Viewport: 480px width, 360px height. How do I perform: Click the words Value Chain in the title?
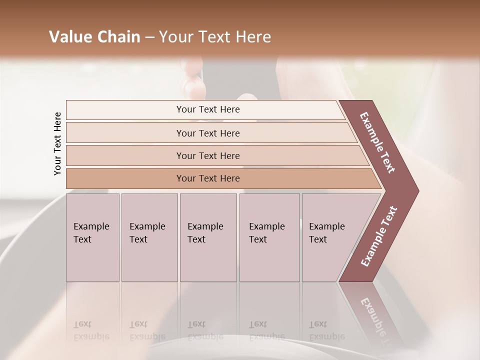[x=94, y=37]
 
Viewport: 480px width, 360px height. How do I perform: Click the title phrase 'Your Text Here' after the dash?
[x=214, y=37]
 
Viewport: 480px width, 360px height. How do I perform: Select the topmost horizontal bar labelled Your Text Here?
[x=207, y=109]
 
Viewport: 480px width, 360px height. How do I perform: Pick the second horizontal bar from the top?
[x=207, y=133]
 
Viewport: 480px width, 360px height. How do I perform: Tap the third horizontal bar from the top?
[x=207, y=155]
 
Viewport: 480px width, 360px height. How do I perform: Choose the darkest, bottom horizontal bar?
[x=207, y=178]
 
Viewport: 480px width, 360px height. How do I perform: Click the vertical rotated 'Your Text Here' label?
[x=57, y=143]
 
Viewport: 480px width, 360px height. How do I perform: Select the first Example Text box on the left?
[x=92, y=237]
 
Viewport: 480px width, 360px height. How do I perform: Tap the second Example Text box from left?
[x=149, y=237]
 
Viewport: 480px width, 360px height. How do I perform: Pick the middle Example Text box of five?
[x=208, y=237]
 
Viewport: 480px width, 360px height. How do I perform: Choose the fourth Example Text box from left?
[x=269, y=237]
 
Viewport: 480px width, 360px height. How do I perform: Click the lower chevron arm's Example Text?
[x=378, y=236]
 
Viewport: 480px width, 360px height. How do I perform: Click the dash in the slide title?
[x=149, y=37]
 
